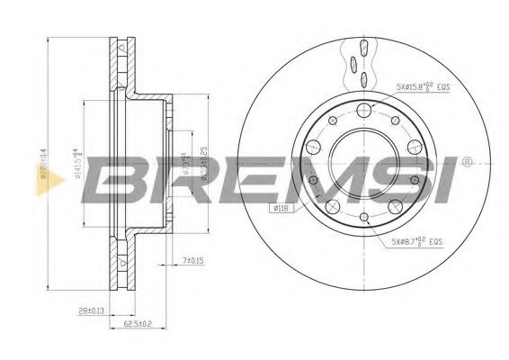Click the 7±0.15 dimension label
(192, 260)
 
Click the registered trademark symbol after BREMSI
(466, 163)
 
